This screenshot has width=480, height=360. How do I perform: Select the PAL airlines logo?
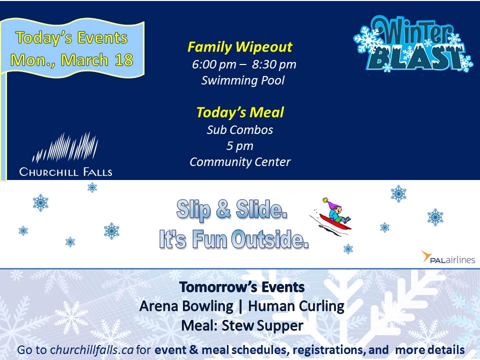pos(448,257)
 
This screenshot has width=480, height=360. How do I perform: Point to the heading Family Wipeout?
pos(240,47)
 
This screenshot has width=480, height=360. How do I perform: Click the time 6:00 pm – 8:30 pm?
pos(244,64)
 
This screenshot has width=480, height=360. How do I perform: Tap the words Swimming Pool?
pos(243,80)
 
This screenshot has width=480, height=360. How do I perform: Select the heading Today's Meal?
pos(240,112)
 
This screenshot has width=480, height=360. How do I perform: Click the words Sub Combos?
pos(240,130)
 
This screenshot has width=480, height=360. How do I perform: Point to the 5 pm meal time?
pos(240,146)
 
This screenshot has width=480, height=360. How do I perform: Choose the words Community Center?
pos(240,162)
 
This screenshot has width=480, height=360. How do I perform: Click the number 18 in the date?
pos(124,59)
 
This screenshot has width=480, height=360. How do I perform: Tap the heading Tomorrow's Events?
pos(242,287)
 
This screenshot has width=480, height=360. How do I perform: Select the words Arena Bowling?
pos(186,306)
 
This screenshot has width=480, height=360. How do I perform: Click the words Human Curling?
pos(296,306)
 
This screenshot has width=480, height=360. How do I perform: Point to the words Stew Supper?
pos(262,325)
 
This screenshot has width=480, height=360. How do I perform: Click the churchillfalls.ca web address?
pos(92,350)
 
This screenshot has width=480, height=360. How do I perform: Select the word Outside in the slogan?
pos(269,239)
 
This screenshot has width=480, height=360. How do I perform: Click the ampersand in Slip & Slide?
pos(223,209)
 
